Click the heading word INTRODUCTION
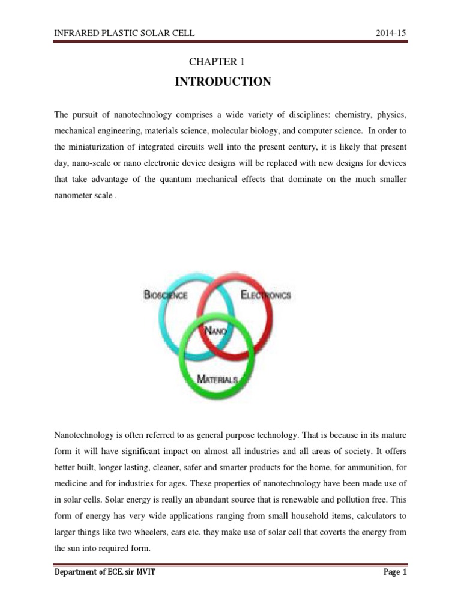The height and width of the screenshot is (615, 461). pos(223,82)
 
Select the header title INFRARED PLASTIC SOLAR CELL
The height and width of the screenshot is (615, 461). pos(124,32)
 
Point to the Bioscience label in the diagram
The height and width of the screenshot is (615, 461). pos(166,295)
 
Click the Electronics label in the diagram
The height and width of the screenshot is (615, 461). pos(265,295)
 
